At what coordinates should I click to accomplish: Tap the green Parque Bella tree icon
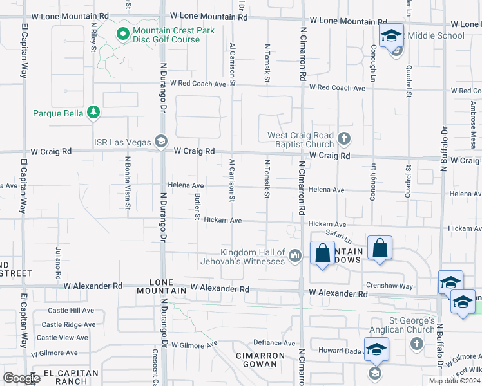[x=94, y=113]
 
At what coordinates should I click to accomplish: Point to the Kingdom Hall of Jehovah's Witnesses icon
[x=295, y=256]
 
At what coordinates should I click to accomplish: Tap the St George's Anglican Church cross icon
[x=416, y=343]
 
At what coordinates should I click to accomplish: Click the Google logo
[x=21, y=378]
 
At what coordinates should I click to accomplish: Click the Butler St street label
[x=197, y=205]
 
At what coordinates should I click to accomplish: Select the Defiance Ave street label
[x=274, y=343]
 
